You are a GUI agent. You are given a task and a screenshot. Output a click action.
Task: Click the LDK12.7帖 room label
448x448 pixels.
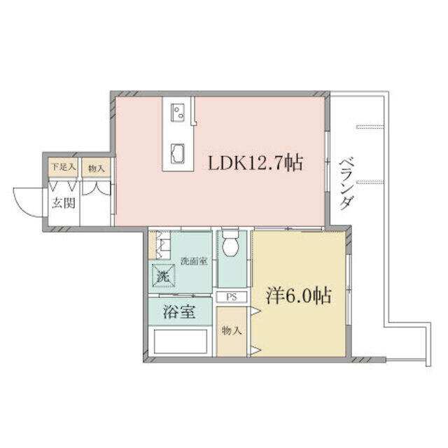click(255, 163)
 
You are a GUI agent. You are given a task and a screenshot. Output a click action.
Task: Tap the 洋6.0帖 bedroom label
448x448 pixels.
click(299, 295)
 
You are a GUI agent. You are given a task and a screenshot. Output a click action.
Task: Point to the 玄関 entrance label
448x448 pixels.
click(64, 203)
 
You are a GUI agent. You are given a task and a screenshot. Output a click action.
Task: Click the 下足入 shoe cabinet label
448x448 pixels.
click(64, 167)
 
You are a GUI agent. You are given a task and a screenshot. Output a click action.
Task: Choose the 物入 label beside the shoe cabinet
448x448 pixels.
click(97, 169)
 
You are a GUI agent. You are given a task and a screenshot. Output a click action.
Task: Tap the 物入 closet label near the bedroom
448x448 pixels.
click(232, 331)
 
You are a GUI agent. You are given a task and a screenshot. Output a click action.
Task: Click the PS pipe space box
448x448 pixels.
click(232, 297)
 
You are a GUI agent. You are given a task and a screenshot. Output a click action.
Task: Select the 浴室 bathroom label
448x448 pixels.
click(179, 311)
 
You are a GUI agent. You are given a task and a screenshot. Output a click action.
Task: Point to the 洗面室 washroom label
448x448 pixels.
click(194, 261)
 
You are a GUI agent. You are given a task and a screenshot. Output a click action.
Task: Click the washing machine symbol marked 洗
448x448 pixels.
click(163, 276)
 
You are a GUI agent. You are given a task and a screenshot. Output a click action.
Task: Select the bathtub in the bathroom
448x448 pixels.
click(181, 342)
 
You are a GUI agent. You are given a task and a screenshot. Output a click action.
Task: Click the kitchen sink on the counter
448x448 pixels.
click(177, 154)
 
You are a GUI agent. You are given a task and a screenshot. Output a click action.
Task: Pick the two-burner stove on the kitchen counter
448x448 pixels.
click(177, 113)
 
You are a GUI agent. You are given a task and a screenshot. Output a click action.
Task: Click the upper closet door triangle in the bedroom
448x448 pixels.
click(256, 311)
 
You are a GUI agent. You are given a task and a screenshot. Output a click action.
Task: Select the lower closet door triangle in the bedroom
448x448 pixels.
click(256, 350)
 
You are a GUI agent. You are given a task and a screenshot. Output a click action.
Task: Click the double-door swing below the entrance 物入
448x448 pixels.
click(97, 188)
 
